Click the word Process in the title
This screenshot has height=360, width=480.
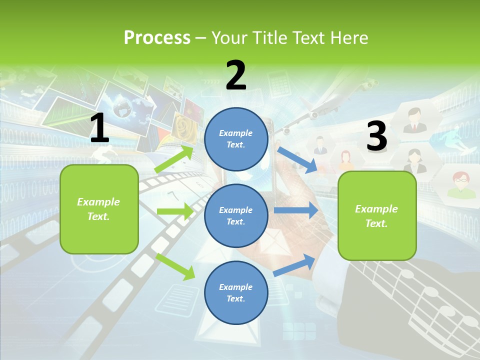tap(157, 37)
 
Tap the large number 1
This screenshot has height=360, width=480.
tap(99, 128)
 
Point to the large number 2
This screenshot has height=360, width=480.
tap(236, 75)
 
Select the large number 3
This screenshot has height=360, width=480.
tap(376, 136)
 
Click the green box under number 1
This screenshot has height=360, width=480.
tap(99, 209)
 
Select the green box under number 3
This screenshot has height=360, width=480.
tap(376, 215)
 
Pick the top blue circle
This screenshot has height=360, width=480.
tap(236, 139)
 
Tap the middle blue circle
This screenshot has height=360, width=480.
tap(236, 215)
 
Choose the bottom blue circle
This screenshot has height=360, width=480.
tap(236, 292)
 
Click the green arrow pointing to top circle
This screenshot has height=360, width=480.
tap(174, 158)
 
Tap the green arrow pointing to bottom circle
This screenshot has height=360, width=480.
tap(175, 266)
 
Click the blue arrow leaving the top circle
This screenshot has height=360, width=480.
tap(297, 159)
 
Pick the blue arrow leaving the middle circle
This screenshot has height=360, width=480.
tap(295, 210)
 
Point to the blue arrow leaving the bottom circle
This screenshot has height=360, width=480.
tap(294, 265)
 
